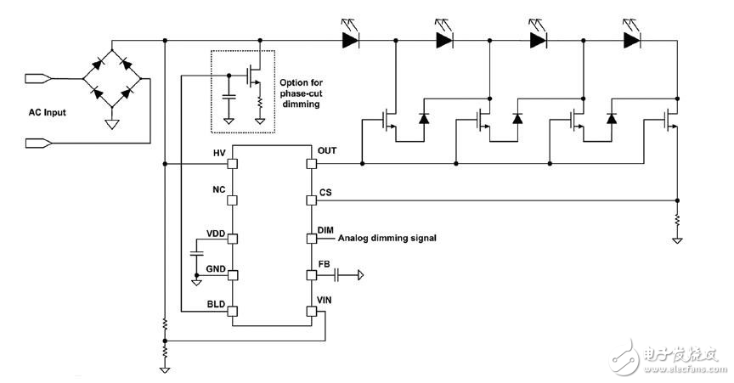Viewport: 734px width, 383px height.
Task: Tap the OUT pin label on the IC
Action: click(328, 151)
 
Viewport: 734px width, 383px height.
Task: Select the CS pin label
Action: click(325, 193)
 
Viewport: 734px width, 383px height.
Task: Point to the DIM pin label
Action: click(326, 230)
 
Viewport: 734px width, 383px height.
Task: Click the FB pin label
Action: click(325, 264)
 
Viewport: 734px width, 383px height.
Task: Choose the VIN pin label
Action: click(326, 300)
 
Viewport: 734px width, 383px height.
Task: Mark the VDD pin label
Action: click(217, 232)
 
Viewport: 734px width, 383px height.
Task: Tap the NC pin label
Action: click(218, 190)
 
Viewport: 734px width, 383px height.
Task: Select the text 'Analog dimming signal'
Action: click(387, 239)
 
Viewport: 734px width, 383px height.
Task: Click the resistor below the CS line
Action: click(677, 222)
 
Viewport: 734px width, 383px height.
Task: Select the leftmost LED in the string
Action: click(348, 39)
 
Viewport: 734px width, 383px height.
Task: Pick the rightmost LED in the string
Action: click(630, 39)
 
